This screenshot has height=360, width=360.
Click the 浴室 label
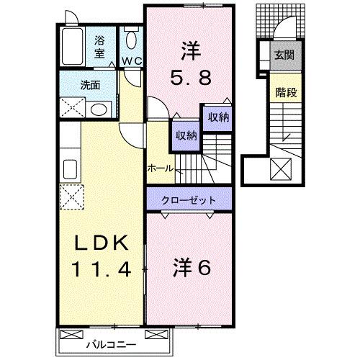coord(101,47)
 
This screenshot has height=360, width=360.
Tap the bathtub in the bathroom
coord(72,49)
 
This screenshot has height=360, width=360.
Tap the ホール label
coord(159,168)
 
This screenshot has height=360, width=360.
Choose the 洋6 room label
coord(191,268)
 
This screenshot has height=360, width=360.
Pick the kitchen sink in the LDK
coord(70,168)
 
